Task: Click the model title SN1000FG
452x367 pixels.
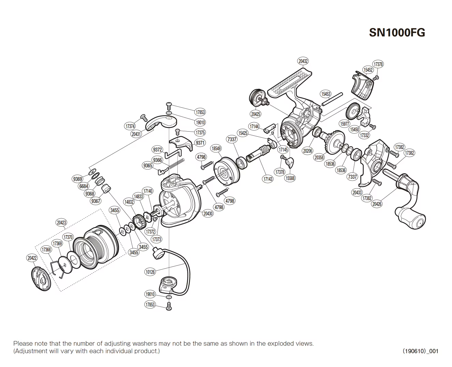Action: click(397, 32)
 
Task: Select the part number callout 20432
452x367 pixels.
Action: click(303, 61)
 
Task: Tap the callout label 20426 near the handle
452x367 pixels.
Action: click(377, 204)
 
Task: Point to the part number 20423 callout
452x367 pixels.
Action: click(61, 222)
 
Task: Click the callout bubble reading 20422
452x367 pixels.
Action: click(32, 258)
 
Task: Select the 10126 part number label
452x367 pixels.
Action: click(150, 272)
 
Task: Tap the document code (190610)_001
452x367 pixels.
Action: click(420, 351)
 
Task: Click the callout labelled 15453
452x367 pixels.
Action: click(326, 94)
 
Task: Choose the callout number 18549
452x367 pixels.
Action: click(216, 149)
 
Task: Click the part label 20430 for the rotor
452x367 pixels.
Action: click(208, 214)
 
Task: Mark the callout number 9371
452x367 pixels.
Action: click(200, 143)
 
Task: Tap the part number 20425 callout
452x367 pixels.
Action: click(256, 114)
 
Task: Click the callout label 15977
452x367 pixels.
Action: click(345, 124)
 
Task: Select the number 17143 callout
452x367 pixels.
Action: click(268, 179)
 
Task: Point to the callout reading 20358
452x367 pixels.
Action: click(319, 158)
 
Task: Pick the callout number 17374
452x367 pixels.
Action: click(130, 126)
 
